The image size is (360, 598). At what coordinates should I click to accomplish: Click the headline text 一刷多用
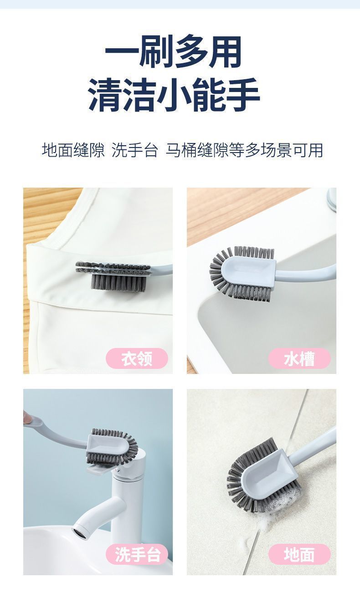173,51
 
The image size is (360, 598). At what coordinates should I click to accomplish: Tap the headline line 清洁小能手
174,94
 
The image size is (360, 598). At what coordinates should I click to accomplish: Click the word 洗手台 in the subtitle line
134,150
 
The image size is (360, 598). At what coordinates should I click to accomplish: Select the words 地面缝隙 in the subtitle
73,150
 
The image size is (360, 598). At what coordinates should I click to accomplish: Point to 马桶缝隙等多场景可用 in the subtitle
244,150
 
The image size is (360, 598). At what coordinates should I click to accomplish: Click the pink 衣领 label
137,358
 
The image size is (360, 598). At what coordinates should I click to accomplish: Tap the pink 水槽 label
299,358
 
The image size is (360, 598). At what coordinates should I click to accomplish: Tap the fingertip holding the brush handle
26,416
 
